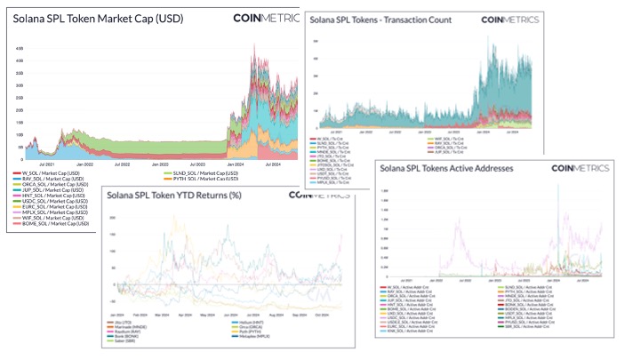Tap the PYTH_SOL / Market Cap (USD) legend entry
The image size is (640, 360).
(202, 179)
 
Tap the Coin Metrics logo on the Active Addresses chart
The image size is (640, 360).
(587, 166)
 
